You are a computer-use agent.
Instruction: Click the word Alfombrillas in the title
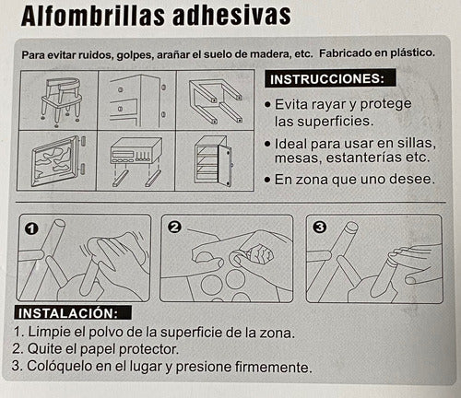(x=93, y=16)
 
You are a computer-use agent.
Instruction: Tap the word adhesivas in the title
(x=231, y=15)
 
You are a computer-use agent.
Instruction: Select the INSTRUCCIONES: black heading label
(x=330, y=78)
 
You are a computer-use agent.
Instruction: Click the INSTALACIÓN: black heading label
(x=73, y=313)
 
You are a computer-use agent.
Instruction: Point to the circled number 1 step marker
(x=31, y=228)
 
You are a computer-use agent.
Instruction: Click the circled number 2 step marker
(x=175, y=227)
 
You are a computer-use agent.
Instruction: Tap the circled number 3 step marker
(x=320, y=228)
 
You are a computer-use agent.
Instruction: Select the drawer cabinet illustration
(x=137, y=100)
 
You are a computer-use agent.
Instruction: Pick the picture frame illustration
(x=58, y=160)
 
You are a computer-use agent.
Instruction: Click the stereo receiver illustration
(x=136, y=161)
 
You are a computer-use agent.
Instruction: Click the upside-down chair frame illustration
(x=216, y=100)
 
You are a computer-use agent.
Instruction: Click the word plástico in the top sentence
(x=412, y=53)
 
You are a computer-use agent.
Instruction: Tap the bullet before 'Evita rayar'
(x=268, y=105)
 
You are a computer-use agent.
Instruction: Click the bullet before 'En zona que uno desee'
(x=267, y=180)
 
